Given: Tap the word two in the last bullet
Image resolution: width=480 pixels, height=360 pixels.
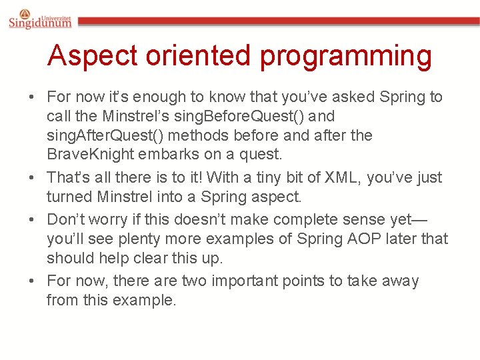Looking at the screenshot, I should [196, 281].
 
